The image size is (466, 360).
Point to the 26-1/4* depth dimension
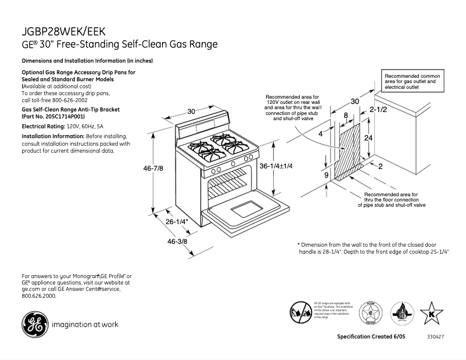click(177, 222)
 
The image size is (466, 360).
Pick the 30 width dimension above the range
click(191, 111)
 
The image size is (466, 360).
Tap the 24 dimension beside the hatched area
click(368, 138)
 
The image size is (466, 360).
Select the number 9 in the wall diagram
click(326, 174)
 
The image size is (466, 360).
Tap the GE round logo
click(34, 325)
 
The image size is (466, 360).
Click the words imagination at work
click(85, 325)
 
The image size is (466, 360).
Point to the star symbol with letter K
click(432, 314)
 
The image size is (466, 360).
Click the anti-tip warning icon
click(300, 313)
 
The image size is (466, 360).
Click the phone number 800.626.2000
click(39, 296)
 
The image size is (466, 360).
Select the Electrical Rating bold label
click(43, 126)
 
